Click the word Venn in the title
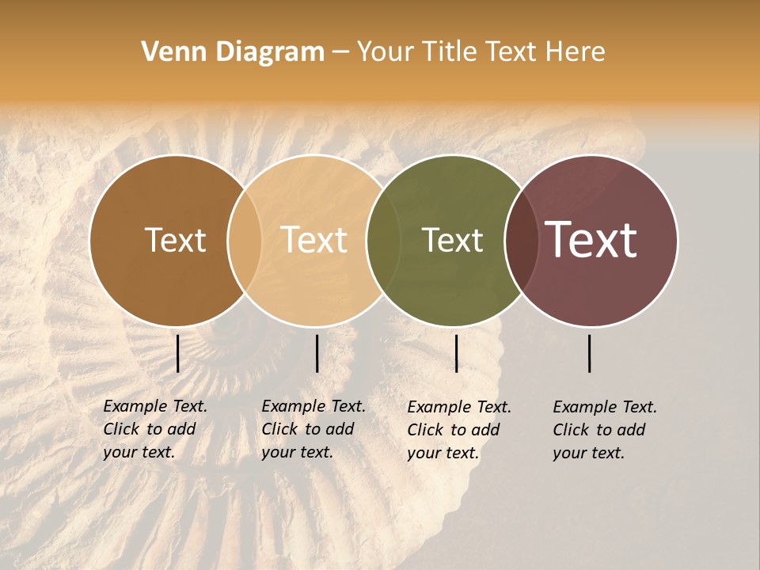click(168, 52)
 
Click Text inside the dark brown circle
click(175, 240)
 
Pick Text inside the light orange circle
click(314, 240)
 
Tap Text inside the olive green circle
click(452, 240)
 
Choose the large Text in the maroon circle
click(591, 240)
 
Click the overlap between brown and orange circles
click(245, 240)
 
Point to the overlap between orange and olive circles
click(383, 240)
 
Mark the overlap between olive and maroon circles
click(522, 240)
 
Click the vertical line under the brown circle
click(177, 353)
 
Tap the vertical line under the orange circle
click(317, 353)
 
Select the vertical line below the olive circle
click(456, 353)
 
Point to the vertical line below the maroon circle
click(590, 353)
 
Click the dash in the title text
click(340, 53)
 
